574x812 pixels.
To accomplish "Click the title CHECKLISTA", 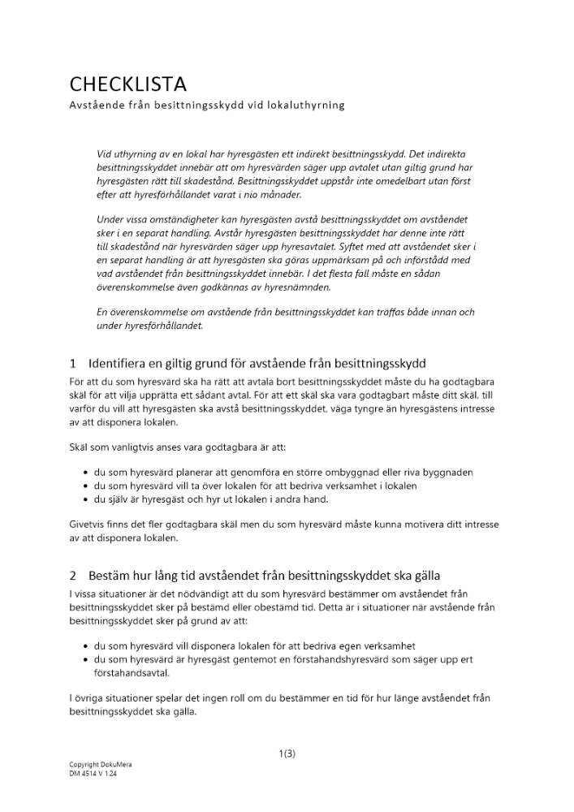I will pos(128,84).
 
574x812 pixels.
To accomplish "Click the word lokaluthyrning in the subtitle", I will pos(304,105).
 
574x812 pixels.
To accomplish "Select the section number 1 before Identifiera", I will pos(73,362).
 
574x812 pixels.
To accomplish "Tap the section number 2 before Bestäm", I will pos(73,576).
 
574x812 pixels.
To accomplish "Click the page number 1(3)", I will pos(287,753).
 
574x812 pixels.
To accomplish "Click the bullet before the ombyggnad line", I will pos(86,473).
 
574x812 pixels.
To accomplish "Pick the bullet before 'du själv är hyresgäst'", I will pos(86,499).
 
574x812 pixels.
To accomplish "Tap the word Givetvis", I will pos(88,524).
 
